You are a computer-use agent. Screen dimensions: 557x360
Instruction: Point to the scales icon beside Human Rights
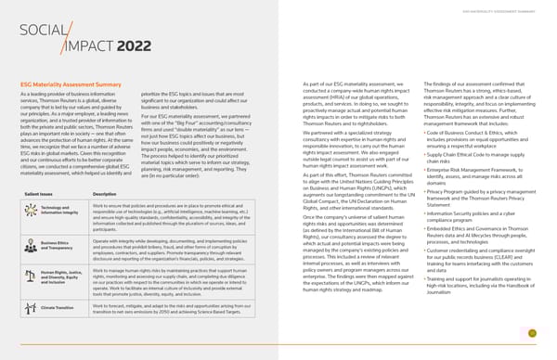coord(31,276)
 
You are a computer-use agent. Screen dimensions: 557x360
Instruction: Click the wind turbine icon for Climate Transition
coord(31,307)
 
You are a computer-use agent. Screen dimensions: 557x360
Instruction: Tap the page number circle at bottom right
coord(532,333)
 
